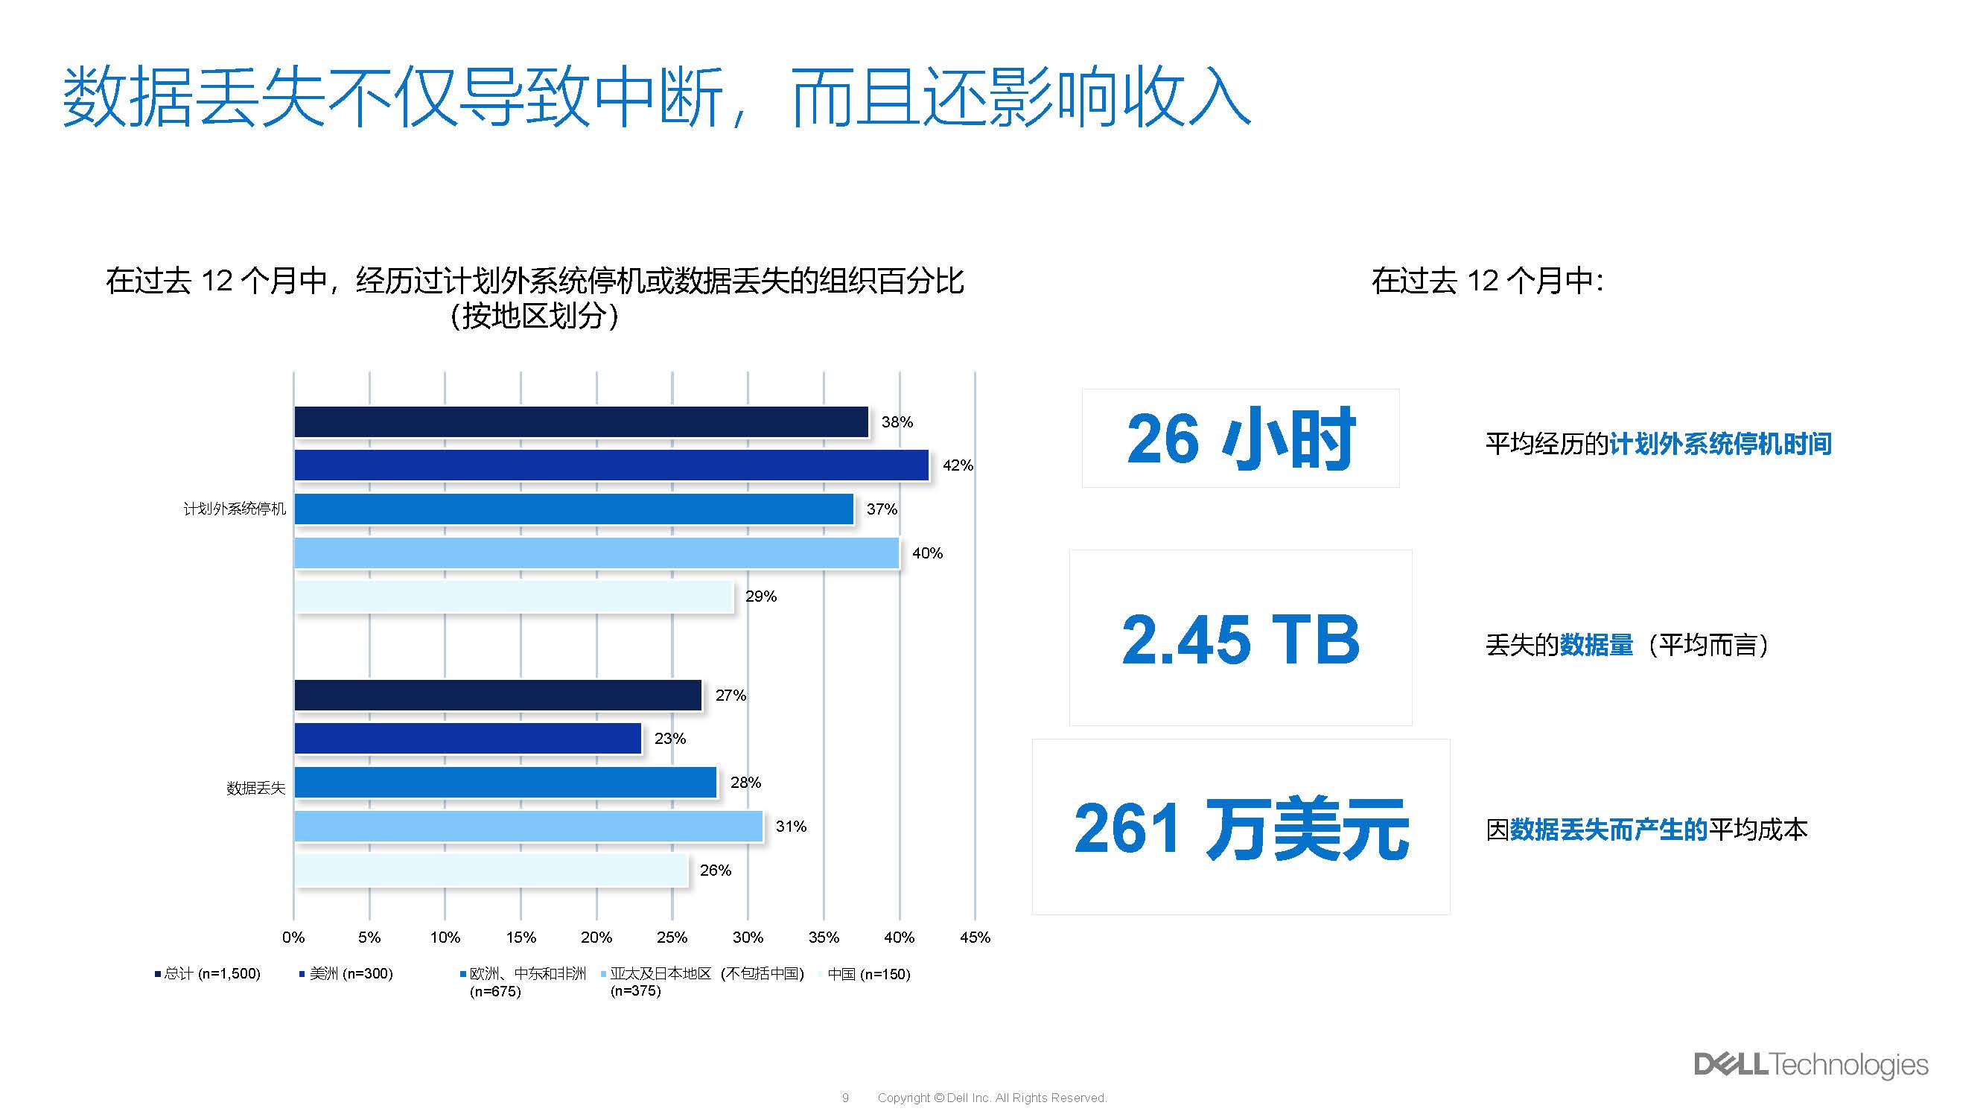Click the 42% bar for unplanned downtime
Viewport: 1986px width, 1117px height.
click(x=611, y=465)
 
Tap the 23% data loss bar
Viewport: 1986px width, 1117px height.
click(x=468, y=739)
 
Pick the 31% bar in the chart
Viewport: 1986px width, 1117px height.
click(x=528, y=827)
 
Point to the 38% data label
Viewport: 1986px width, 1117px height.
click(x=897, y=422)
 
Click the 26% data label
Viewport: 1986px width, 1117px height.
click(x=716, y=871)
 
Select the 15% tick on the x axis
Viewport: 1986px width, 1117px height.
click(x=521, y=938)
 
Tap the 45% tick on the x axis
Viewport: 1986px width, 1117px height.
click(x=975, y=938)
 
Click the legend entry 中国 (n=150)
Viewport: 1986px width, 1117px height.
click(x=868, y=974)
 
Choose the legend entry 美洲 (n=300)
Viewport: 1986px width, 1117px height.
click(x=351, y=974)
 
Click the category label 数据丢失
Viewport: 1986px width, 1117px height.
click(x=256, y=788)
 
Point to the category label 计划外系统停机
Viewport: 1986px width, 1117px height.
click(x=235, y=509)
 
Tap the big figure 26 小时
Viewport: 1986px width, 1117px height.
click(x=1240, y=439)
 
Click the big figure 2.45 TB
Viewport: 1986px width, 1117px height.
click(x=1240, y=639)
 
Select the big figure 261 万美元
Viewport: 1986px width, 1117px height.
click(x=1241, y=829)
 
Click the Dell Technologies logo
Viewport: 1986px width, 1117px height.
click(x=1810, y=1065)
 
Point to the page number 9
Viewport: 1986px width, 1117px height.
click(x=845, y=1098)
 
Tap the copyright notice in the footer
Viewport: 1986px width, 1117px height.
click(x=991, y=1098)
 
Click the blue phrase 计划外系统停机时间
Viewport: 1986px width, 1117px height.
click(x=1720, y=444)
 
